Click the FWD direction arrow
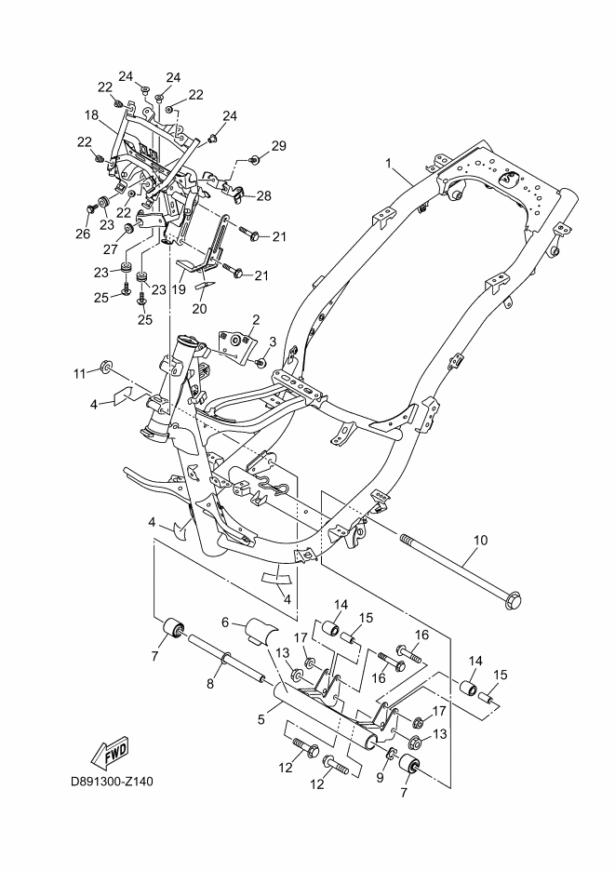coord(109,751)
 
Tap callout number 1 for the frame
coord(362,164)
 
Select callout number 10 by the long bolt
coord(480,540)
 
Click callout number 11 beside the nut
coord(79,373)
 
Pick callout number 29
coord(278,145)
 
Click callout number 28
coord(264,195)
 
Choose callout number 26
coord(83,234)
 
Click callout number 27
coord(110,249)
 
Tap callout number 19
coord(179,289)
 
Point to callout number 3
coord(274,340)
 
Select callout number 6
coord(225,622)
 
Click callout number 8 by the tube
coord(209,683)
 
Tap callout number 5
coord(262,719)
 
